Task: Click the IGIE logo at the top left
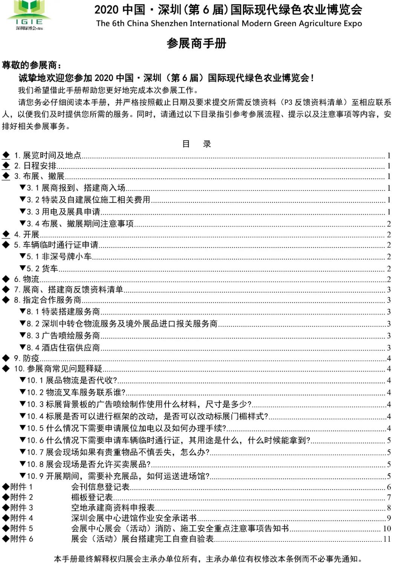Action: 29,15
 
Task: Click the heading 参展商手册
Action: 196,44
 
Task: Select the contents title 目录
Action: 196,144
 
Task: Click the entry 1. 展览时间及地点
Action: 48,155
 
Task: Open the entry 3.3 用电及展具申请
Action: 63,212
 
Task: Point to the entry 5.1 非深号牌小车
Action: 59,257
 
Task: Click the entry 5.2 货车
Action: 42,269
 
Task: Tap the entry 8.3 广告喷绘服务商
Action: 63,336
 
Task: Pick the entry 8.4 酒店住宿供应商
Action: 63,348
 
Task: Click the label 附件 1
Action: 21,487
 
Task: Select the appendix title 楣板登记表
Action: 92,497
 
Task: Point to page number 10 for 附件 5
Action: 387,529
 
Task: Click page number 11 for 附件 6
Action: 387,539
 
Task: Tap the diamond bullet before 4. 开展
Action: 6,234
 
